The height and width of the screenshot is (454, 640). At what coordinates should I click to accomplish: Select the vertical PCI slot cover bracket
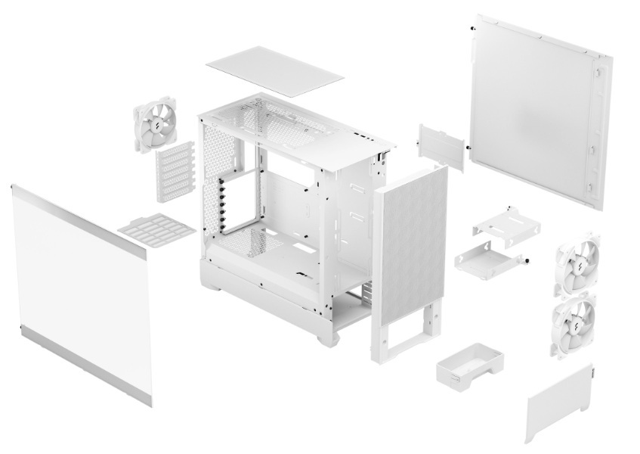pyautogui.click(x=172, y=174)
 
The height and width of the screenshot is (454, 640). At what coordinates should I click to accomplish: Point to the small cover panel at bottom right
pyautogui.click(x=559, y=405)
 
